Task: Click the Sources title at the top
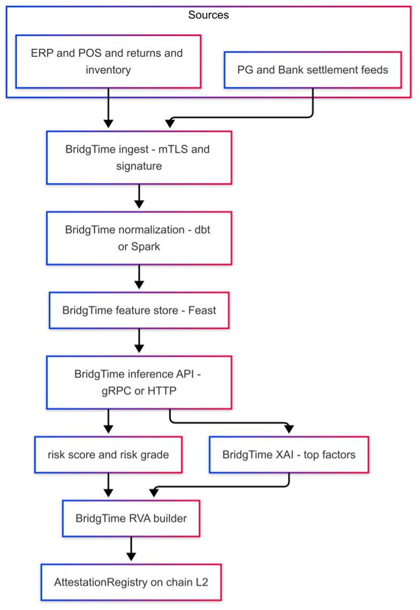pyautogui.click(x=208, y=15)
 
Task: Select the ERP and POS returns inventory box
pyautogui.click(x=109, y=62)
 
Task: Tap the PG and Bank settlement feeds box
pyautogui.click(x=312, y=70)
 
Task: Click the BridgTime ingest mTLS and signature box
pyautogui.click(x=139, y=157)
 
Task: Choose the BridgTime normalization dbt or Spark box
pyautogui.click(x=139, y=238)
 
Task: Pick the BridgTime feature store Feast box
pyautogui.click(x=139, y=310)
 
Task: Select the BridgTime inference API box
pyautogui.click(x=139, y=382)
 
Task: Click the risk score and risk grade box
pyautogui.click(x=109, y=455)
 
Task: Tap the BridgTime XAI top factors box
pyautogui.click(x=289, y=455)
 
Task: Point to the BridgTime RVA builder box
pyautogui.click(x=131, y=518)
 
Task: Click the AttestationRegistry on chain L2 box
pyautogui.click(x=131, y=582)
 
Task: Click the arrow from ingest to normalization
pyautogui.click(x=139, y=197)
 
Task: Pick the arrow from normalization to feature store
pyautogui.click(x=139, y=277)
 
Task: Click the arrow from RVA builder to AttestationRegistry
pyautogui.click(x=131, y=549)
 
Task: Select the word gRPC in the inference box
pyautogui.click(x=116, y=391)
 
